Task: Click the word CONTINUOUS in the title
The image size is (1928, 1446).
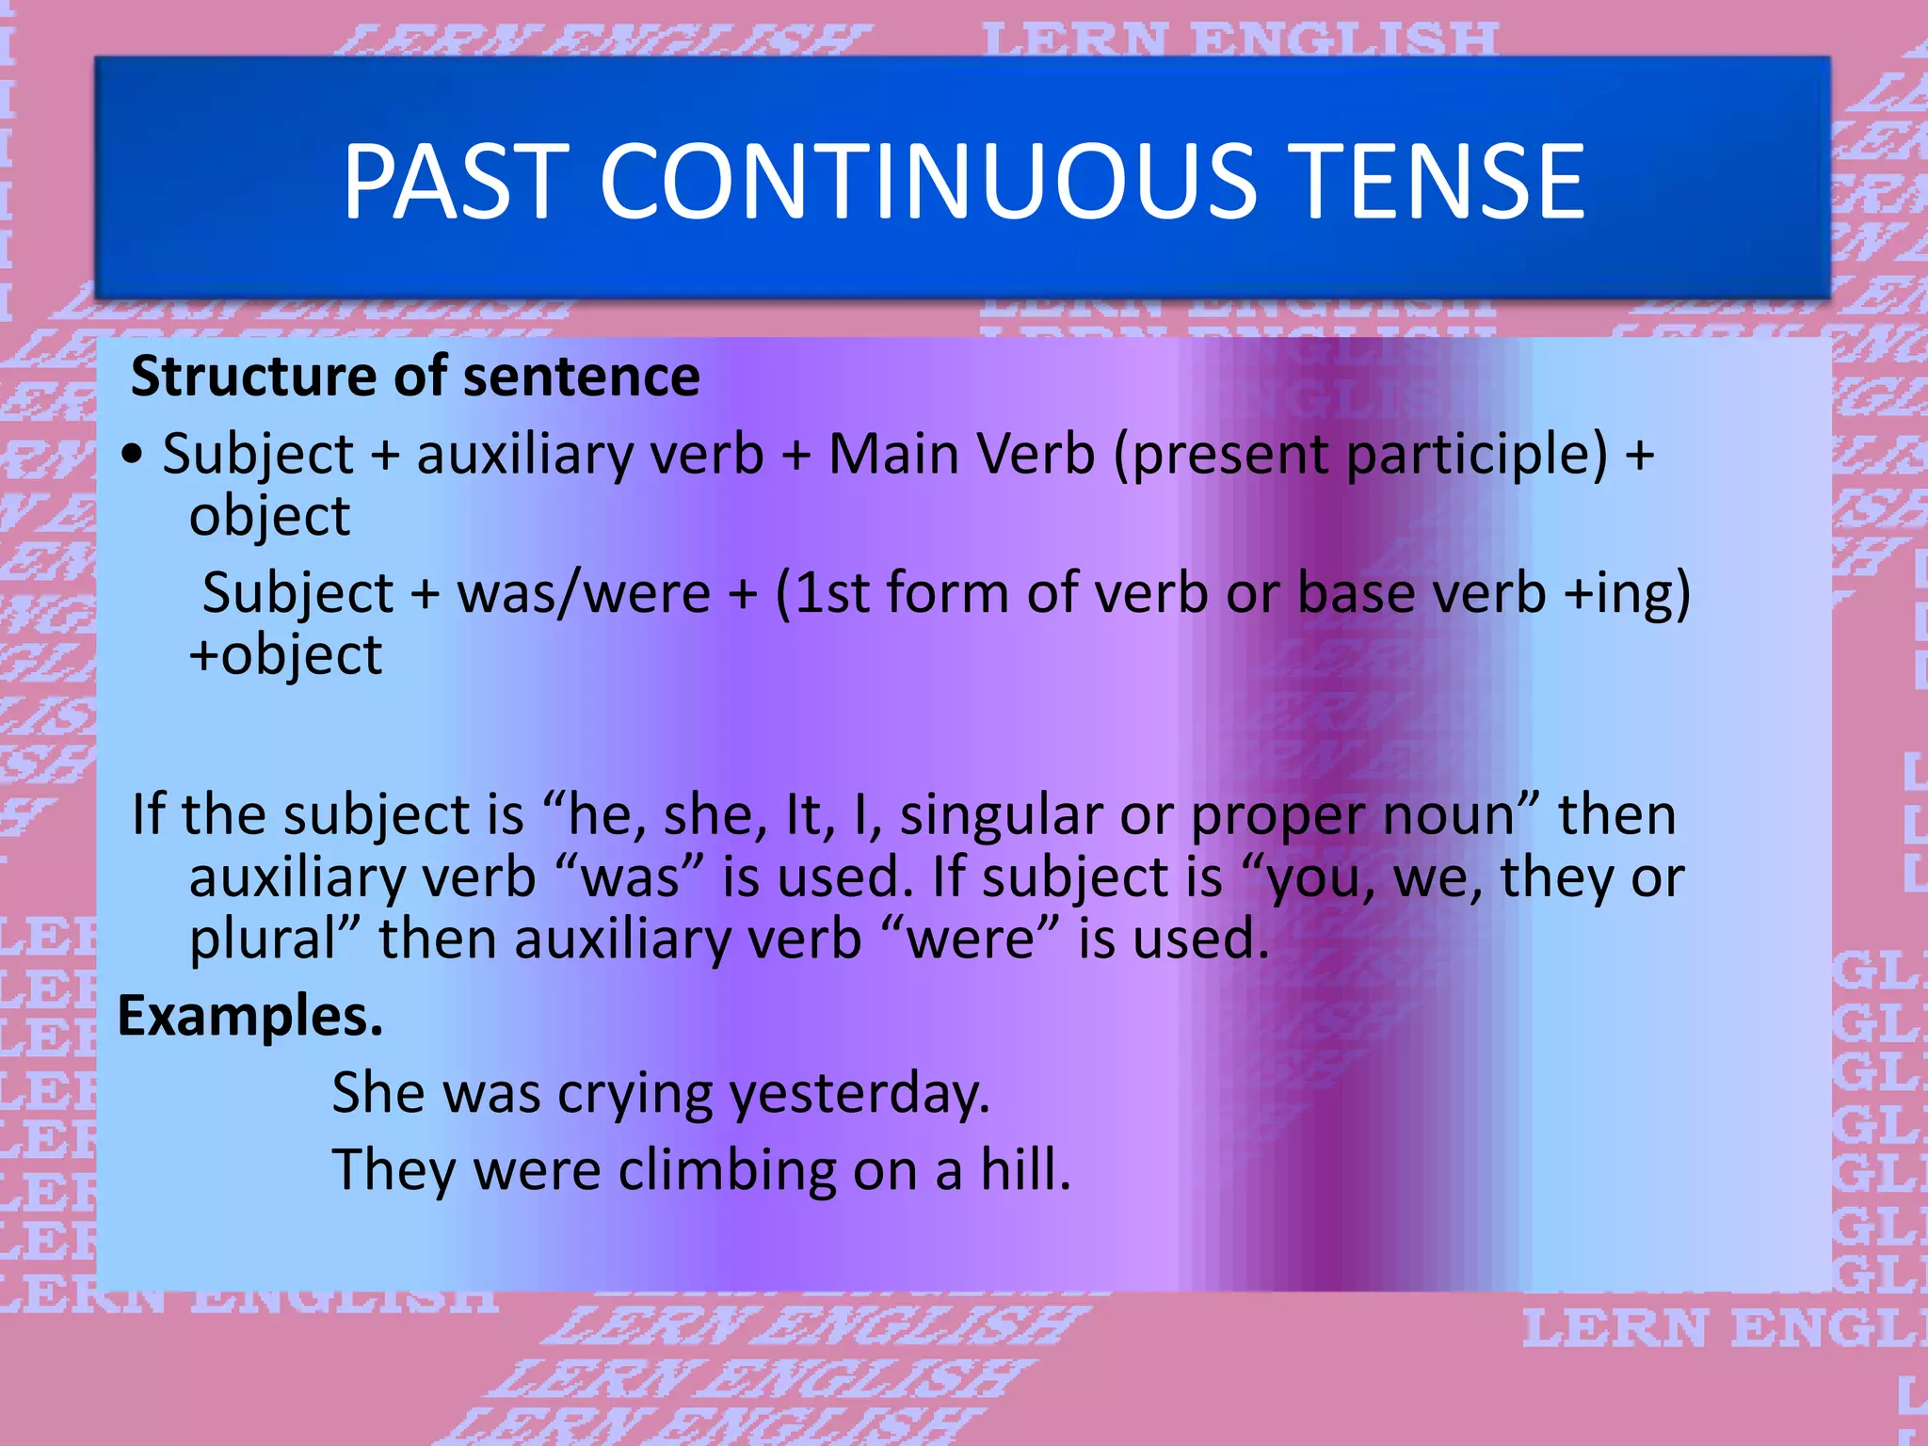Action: (x=927, y=181)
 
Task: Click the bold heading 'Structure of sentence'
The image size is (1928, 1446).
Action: (x=415, y=377)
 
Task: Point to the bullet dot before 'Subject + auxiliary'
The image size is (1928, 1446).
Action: (x=134, y=454)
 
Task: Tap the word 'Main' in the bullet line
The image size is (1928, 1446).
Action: (x=892, y=454)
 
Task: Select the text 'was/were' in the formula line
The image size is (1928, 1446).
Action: (x=584, y=593)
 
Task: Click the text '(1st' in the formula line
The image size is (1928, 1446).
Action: (x=822, y=593)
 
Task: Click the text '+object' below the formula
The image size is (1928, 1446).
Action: (x=285, y=655)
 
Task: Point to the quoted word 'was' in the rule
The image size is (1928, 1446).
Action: (x=630, y=877)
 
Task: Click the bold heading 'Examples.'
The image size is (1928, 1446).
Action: (x=250, y=1017)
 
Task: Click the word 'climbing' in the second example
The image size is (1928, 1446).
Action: (x=727, y=1170)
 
